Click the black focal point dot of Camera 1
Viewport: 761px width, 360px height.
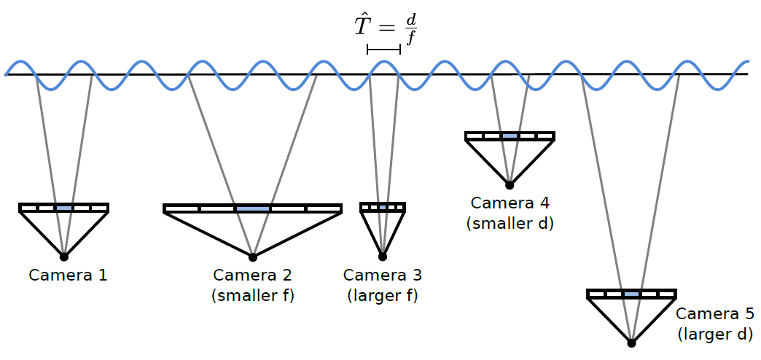[64, 257]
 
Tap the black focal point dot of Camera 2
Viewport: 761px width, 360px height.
[253, 257]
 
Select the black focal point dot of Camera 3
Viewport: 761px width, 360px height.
[383, 257]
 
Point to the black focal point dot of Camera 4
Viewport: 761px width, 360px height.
[510, 185]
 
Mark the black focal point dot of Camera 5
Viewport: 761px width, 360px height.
[632, 343]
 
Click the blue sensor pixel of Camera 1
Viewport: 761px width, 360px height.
[64, 208]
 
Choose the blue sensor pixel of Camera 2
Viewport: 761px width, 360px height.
[252, 209]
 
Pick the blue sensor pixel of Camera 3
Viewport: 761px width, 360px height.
[383, 208]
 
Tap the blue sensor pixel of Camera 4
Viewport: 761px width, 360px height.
[510, 136]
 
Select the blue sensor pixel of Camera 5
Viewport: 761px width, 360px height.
[632, 294]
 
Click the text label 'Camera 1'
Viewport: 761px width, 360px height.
[68, 275]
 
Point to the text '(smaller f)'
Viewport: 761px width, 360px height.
[252, 296]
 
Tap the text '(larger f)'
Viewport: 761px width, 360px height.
[383, 296]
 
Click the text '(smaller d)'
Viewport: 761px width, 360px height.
[510, 224]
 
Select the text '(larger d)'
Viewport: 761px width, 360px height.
[715, 334]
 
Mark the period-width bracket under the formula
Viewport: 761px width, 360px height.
[383, 50]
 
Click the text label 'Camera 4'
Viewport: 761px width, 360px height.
[510, 203]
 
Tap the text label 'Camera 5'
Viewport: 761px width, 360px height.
[715, 314]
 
